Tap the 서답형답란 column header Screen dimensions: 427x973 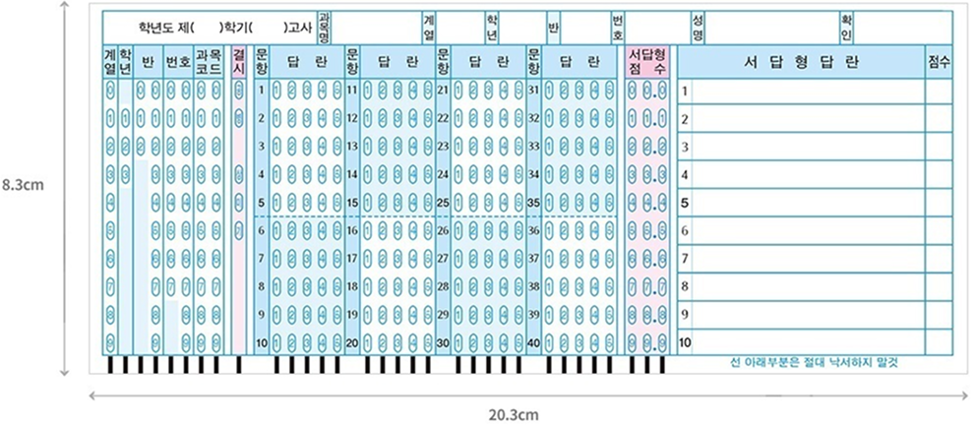click(x=800, y=62)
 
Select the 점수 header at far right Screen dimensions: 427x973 click(x=939, y=62)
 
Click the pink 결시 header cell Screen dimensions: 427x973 click(x=238, y=62)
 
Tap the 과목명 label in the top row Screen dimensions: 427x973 click(x=324, y=27)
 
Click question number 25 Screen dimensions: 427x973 click(x=443, y=204)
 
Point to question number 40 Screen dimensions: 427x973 click(x=533, y=342)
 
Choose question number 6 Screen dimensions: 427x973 click(x=261, y=231)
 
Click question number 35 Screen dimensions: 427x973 click(x=533, y=204)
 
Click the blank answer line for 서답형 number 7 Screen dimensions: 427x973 click(x=807, y=259)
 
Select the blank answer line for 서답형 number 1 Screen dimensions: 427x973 click(x=807, y=91)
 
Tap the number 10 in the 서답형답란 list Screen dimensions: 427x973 click(x=685, y=342)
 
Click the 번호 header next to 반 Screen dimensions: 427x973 click(x=177, y=62)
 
